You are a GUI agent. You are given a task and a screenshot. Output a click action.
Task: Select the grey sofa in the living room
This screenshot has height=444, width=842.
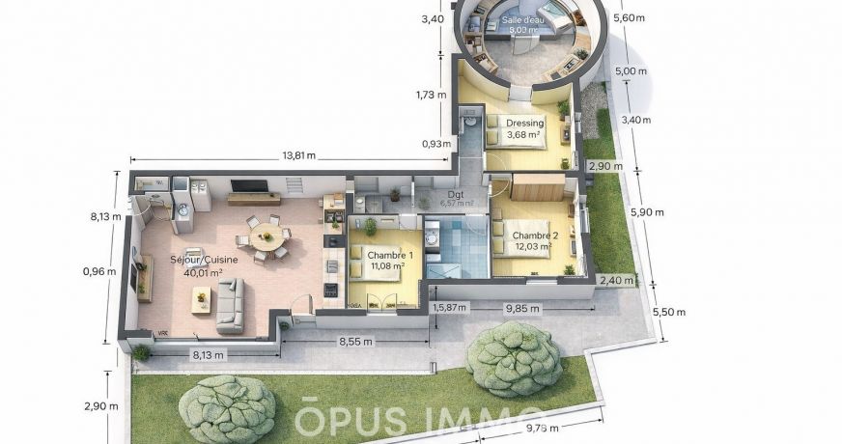coord(229,307)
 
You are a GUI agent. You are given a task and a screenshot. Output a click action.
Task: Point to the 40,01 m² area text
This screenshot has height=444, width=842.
coord(203,272)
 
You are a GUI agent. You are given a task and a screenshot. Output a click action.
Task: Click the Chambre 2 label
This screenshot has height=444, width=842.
coord(535,236)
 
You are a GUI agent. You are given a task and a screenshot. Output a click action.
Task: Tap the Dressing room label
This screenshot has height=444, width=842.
coord(525,124)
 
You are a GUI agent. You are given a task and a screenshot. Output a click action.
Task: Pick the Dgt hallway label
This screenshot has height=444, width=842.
coord(456,194)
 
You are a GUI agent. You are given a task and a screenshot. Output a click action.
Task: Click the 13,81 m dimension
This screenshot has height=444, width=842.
coord(299,155)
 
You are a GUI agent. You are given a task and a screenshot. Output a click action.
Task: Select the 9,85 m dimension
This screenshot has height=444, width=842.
coord(522,308)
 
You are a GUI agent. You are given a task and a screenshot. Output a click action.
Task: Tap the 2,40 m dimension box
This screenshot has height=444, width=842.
coord(615,281)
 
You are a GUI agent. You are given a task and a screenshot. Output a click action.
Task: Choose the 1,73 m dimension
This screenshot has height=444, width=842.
coord(431,95)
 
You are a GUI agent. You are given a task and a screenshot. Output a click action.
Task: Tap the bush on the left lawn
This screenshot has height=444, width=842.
coord(228,408)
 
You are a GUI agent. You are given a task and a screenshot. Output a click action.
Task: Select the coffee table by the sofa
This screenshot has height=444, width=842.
coord(201,299)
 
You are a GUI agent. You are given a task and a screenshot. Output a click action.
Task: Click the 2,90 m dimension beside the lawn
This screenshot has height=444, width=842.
coord(99,405)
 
